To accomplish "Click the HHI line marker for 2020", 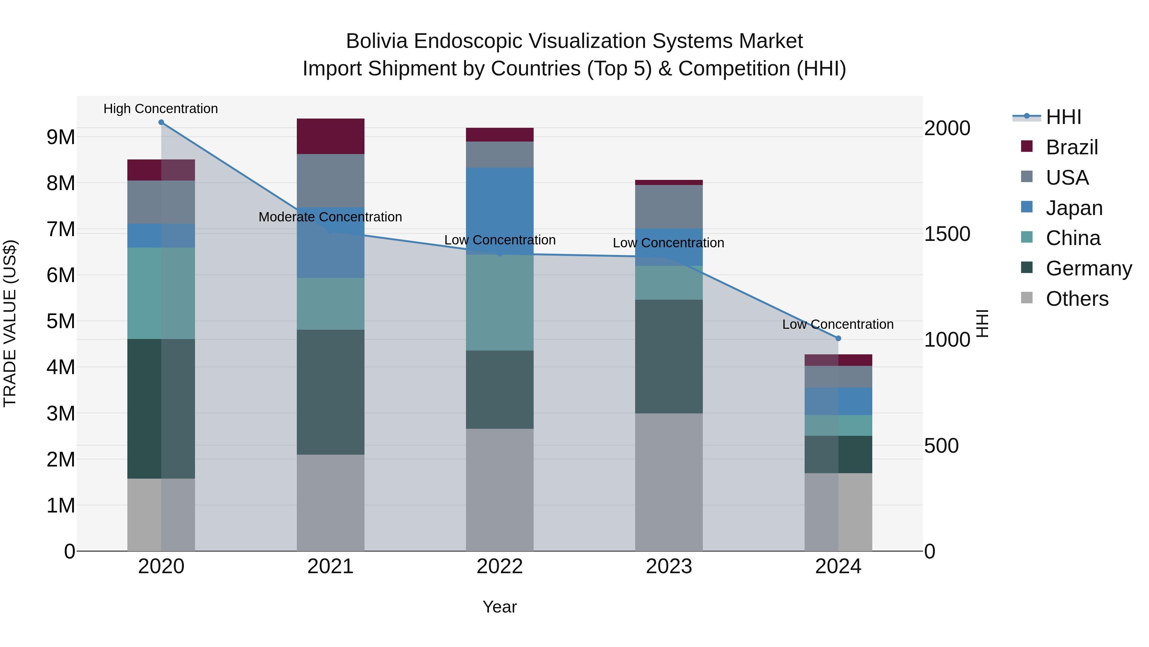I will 161,122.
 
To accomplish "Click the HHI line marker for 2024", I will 838,338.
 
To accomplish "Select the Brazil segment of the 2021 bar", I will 331,136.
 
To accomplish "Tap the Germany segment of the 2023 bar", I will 669,356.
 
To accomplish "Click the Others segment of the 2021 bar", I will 331,503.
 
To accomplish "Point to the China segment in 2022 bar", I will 499,303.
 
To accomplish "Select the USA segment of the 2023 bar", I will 669,207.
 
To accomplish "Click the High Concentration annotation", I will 161,109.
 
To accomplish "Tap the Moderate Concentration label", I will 330,217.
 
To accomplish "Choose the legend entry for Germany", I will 1088,268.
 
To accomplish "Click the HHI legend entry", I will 1063,117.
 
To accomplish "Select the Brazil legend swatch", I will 1026,146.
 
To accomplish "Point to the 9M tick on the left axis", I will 61,137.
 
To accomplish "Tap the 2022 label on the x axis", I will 499,566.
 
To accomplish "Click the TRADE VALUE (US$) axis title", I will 10,323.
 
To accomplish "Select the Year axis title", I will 499,607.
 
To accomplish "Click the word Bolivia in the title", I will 377,41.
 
